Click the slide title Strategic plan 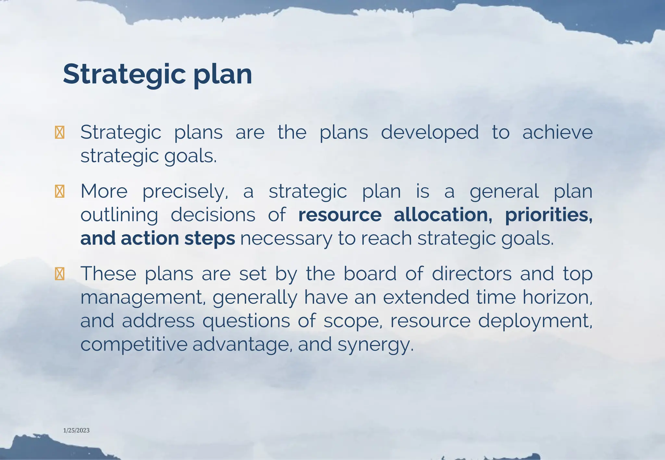click(x=157, y=75)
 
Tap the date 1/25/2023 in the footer click(x=76, y=430)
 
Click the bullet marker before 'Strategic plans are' click(x=59, y=132)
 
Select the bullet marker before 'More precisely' click(x=59, y=191)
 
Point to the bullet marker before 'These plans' click(x=59, y=274)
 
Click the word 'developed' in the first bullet click(x=430, y=132)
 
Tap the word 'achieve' click(x=557, y=132)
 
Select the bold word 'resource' click(x=340, y=215)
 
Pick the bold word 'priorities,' click(x=549, y=215)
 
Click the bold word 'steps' click(x=210, y=238)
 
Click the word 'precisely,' click(x=185, y=192)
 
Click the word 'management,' click(x=143, y=298)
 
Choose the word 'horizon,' click(x=557, y=297)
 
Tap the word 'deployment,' click(x=535, y=321)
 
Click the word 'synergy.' click(x=376, y=345)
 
